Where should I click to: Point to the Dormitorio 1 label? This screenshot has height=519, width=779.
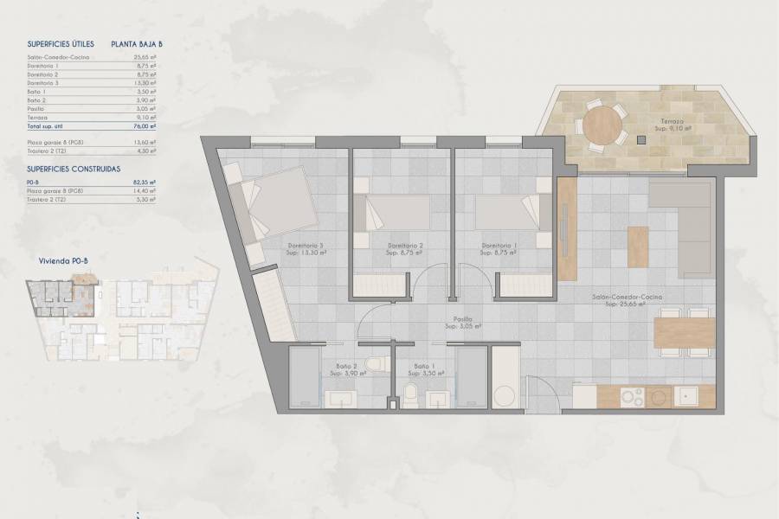tap(500, 248)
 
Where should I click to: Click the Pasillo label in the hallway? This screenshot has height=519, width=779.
tap(463, 322)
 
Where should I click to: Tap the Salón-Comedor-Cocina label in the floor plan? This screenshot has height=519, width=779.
tap(628, 300)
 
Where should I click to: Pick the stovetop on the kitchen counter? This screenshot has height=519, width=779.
tap(633, 396)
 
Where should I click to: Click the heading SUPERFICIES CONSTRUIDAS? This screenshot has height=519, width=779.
tap(74, 170)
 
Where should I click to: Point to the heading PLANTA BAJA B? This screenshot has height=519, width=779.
tap(137, 43)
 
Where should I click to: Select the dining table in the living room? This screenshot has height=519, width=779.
tap(684, 331)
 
